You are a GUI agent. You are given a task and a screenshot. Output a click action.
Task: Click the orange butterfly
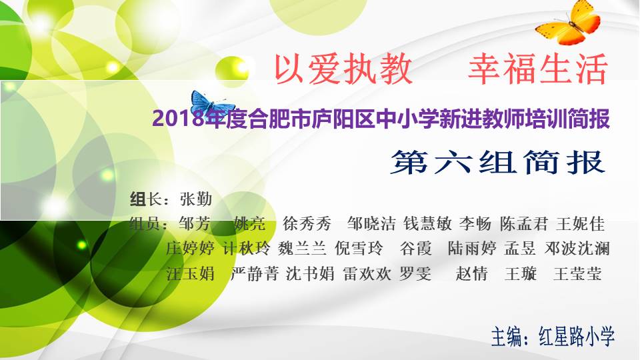(x=569, y=23)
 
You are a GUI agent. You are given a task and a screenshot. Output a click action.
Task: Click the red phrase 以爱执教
(x=343, y=69)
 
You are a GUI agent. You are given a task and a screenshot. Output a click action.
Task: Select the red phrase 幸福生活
(x=539, y=69)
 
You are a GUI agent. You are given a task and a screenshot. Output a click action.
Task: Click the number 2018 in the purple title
(x=179, y=119)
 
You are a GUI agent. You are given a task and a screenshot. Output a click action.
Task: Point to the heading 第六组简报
(x=497, y=163)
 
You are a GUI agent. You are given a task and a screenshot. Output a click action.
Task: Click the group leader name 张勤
(x=196, y=199)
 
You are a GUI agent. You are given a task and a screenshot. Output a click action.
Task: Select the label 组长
(x=146, y=199)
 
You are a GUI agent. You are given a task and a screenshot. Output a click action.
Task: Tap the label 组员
(x=146, y=224)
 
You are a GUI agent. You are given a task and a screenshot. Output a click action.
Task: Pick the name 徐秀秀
(x=307, y=224)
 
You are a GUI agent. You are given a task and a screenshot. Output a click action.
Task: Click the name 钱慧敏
(x=427, y=224)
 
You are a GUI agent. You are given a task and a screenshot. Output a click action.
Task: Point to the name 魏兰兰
(x=302, y=248)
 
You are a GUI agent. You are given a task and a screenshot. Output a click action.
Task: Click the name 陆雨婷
(x=472, y=248)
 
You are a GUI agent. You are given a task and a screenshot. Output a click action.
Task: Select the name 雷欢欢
(x=367, y=273)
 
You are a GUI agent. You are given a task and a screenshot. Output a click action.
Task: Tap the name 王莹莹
(x=577, y=273)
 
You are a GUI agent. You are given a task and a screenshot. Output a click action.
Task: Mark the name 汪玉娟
(x=191, y=273)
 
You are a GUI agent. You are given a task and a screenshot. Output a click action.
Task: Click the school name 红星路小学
(x=576, y=337)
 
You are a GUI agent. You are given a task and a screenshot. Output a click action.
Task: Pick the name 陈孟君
(x=524, y=224)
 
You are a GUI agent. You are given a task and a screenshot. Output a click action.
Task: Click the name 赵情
(x=471, y=273)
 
